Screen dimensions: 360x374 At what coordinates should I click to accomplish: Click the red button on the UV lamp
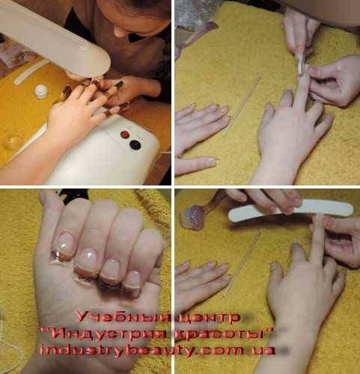pyautogui.click(x=125, y=135)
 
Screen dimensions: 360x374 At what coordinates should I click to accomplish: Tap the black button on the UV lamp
pyautogui.click(x=135, y=144)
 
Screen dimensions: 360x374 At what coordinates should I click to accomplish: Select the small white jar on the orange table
pyautogui.click(x=41, y=91)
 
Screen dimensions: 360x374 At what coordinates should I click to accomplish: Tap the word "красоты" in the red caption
pyautogui.click(x=219, y=334)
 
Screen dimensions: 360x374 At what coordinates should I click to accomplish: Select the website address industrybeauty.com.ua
pyautogui.click(x=157, y=350)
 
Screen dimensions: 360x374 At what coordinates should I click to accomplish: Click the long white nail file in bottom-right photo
pyautogui.click(x=290, y=211)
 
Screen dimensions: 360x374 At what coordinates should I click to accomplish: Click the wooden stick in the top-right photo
pyautogui.click(x=242, y=104)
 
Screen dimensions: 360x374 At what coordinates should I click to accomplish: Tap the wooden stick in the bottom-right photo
pyautogui.click(x=242, y=262)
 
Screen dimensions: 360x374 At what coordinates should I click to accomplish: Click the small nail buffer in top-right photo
pyautogui.click(x=302, y=64)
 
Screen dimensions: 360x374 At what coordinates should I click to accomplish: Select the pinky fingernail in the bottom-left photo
pyautogui.click(x=133, y=281)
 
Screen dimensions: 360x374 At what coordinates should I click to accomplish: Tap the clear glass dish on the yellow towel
pyautogui.click(x=13, y=141)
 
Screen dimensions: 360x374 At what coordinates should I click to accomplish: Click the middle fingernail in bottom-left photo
pyautogui.click(x=87, y=262)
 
